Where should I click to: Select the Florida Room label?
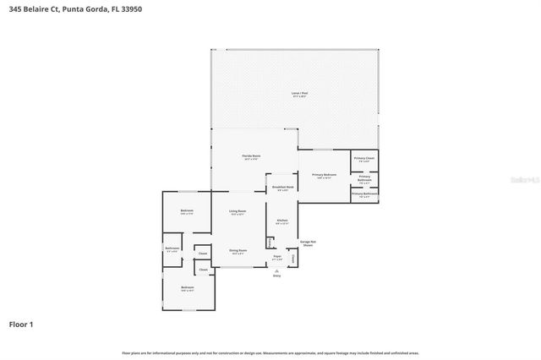coord(251,157)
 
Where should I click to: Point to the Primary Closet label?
coord(364,159)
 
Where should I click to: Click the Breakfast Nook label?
coord(282,188)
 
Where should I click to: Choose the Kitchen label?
coord(281,220)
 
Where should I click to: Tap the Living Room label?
coord(238,211)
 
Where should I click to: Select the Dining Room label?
coord(238,250)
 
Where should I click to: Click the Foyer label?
coord(276,255)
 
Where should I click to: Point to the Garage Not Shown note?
coord(308,243)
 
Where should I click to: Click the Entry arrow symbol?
coord(276,270)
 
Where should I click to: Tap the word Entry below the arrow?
coord(276,276)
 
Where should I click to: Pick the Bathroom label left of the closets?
coord(172,248)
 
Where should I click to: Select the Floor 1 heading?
coord(21,324)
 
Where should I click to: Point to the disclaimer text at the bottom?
coord(270,353)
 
